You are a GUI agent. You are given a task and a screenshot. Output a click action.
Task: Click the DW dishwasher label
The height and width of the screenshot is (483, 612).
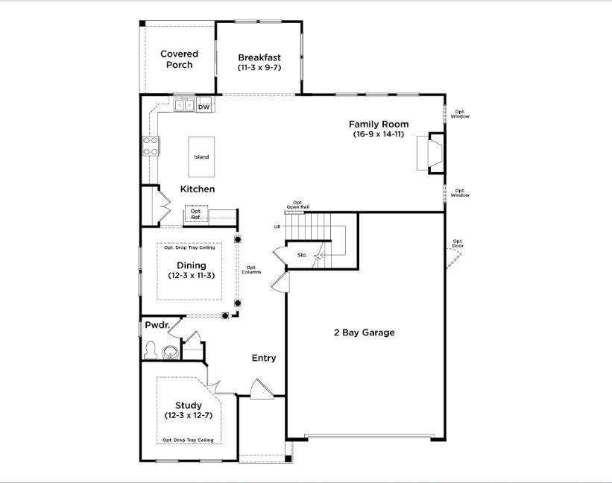coord(204,107)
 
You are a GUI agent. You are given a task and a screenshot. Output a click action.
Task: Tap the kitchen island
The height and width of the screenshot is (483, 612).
coord(201,157)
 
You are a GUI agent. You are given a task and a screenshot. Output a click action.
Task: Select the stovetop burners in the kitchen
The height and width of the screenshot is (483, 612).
coord(151,146)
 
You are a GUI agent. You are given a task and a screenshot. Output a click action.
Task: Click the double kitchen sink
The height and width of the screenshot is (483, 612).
coord(185,105)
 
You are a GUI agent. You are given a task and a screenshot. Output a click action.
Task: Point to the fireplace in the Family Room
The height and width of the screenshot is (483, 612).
coord(435,153)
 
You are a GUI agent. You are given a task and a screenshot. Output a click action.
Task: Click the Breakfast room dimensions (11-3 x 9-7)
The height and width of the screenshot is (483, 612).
coord(259,68)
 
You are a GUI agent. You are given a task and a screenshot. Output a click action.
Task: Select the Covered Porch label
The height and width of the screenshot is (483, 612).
coord(180,60)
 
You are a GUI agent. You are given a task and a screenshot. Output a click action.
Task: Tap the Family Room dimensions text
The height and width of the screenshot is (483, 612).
coord(379,134)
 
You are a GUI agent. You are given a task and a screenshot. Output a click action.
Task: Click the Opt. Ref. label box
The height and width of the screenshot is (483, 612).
coord(196,214)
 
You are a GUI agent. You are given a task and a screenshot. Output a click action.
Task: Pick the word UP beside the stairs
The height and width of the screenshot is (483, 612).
coord(277,227)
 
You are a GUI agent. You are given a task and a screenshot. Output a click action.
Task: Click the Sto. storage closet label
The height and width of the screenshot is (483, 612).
coord(302,255)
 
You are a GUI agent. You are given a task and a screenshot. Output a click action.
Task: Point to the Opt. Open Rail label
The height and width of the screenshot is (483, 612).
coord(298,205)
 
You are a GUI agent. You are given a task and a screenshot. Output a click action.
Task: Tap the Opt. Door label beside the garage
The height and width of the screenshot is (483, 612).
coord(458,244)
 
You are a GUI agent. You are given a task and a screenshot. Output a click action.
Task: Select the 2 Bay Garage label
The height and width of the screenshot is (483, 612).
coord(365,332)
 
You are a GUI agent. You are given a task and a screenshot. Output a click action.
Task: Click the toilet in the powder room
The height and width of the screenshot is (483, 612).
coord(150,350)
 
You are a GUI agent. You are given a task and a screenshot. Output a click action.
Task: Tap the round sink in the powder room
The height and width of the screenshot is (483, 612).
coord(170,353)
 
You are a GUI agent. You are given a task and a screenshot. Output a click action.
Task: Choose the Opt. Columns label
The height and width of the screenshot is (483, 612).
coord(251,270)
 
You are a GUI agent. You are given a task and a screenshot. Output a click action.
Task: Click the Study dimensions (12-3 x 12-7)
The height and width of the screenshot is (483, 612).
coord(189,415)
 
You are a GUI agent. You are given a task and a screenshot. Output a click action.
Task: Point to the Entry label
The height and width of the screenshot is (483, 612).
coord(264,359)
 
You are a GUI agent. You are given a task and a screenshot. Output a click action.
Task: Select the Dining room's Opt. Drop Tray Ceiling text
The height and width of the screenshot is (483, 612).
coord(189,247)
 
